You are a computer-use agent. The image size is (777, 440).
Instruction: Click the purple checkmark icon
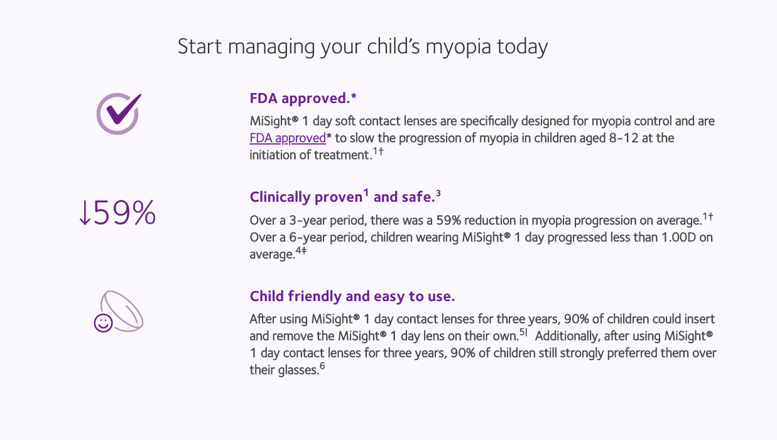point(119,113)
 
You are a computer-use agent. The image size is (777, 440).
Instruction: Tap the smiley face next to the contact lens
point(103,323)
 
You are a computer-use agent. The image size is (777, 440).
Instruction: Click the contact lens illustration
point(124,311)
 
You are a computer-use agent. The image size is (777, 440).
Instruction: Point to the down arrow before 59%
point(85,214)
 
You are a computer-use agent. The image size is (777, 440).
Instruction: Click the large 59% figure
point(125,214)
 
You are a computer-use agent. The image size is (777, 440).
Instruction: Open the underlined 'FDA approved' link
point(287,138)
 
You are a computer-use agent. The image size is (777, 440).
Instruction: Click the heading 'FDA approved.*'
point(303,98)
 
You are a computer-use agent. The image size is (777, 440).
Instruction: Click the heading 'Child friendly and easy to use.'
point(352,296)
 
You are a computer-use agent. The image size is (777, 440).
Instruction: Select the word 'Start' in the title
point(196,47)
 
